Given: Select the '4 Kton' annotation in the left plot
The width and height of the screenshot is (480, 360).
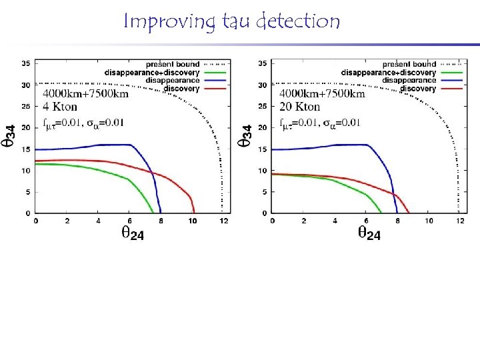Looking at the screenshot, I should (x=61, y=107).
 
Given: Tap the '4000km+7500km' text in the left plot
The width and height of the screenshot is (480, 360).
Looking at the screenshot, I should (x=85, y=94).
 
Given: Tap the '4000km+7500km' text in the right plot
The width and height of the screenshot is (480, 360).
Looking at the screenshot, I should (x=322, y=94).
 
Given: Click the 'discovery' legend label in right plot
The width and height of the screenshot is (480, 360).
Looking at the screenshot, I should (x=417, y=89).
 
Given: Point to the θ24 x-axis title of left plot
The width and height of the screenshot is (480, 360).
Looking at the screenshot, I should (x=132, y=233).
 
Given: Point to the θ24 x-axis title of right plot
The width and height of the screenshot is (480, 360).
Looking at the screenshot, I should (x=369, y=233).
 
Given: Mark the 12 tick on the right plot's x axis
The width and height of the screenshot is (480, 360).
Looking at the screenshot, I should (x=459, y=221).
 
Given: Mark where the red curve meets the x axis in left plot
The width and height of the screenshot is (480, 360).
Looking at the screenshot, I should (x=194, y=213).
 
